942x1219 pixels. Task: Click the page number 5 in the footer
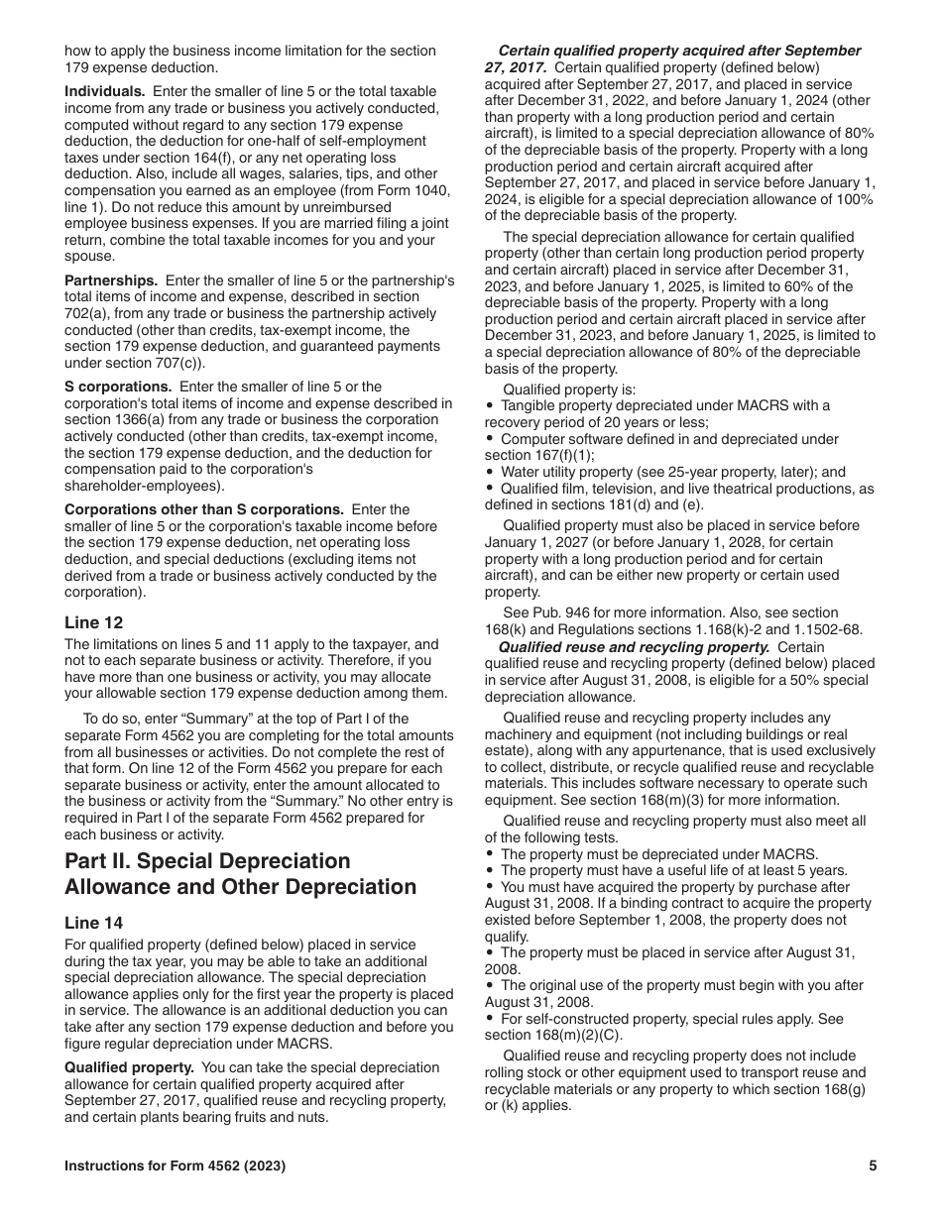tap(873, 1166)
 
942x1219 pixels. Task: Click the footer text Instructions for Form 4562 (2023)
tap(176, 1166)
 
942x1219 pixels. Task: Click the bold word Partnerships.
tap(111, 280)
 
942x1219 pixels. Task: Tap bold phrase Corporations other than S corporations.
tap(204, 509)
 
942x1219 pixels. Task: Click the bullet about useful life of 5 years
tap(674, 870)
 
